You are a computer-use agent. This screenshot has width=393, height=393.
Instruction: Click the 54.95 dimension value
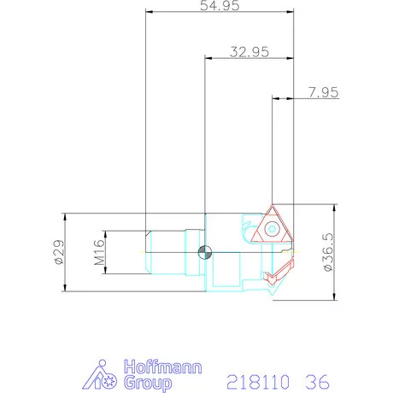click(x=220, y=5)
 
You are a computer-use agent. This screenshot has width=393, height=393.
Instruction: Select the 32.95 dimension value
click(x=249, y=52)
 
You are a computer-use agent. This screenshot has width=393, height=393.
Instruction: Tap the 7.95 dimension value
click(x=324, y=92)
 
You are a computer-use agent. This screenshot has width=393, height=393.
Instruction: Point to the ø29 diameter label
click(x=60, y=252)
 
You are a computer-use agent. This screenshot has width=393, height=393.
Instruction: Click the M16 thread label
click(x=99, y=252)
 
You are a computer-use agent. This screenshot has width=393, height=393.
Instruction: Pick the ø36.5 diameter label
click(x=327, y=252)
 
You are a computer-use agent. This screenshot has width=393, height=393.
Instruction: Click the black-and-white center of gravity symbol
click(x=205, y=252)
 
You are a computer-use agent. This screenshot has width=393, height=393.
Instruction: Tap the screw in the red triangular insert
click(x=272, y=229)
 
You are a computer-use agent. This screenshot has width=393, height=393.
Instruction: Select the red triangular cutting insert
click(x=272, y=224)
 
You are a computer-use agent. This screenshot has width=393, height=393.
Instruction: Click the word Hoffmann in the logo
click(x=163, y=367)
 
